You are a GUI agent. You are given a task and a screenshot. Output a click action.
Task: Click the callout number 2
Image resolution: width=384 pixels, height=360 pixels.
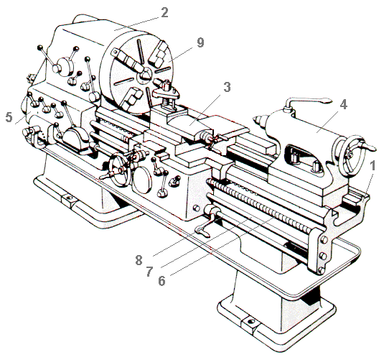point(164,13)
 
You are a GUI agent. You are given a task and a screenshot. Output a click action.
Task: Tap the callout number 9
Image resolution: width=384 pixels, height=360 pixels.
point(200,42)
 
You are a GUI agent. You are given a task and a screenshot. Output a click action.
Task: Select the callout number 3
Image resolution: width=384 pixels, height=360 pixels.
point(227,87)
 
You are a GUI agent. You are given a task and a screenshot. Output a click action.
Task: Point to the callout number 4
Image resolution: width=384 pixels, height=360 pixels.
point(344,105)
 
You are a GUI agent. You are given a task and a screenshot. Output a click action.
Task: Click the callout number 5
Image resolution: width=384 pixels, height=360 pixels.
point(9,117)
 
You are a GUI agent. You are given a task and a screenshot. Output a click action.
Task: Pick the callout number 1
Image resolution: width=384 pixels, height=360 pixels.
point(373,166)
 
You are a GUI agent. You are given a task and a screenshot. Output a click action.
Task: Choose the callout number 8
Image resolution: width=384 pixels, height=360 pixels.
point(139,260)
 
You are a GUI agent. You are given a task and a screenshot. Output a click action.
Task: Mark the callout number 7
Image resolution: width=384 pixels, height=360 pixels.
point(149,272)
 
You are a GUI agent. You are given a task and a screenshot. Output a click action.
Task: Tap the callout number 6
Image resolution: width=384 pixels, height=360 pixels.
point(161,281)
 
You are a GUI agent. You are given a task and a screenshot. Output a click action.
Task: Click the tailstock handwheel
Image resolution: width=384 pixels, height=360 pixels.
point(349,155)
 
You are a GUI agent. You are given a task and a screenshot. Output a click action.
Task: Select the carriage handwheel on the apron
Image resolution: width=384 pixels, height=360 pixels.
point(119,170)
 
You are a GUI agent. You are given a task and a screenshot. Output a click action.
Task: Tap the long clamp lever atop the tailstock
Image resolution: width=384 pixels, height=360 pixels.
point(308,101)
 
